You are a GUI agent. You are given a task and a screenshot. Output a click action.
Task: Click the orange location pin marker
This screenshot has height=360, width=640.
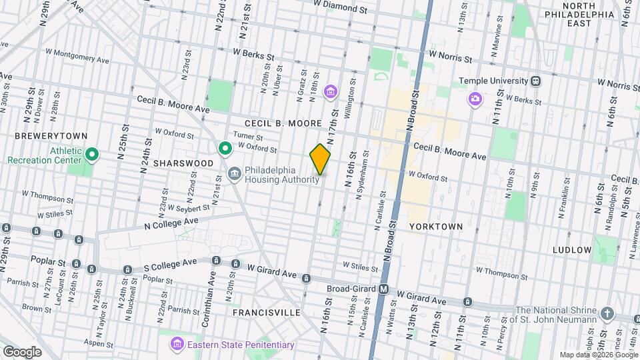click(321, 159)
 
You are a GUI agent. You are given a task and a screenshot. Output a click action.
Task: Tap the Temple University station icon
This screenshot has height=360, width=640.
click(536, 81)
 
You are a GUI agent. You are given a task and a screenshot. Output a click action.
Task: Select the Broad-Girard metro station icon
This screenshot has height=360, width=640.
click(384, 289)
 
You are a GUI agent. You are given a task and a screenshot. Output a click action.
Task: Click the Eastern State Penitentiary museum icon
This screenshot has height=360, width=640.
click(177, 344)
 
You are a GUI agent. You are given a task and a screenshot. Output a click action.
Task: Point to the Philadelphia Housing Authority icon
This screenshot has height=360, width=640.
click(235, 175)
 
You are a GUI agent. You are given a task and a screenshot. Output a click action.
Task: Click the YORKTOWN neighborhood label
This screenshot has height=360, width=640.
click(436, 227)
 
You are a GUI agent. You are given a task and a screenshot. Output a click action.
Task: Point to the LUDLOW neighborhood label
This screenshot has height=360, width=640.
click(572, 250)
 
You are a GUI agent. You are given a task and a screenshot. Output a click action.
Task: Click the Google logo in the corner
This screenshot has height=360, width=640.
click(21, 351)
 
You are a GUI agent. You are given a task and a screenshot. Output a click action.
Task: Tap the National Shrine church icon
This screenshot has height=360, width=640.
click(607, 313)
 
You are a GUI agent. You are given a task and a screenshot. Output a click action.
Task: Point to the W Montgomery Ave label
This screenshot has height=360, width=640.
click(77, 55)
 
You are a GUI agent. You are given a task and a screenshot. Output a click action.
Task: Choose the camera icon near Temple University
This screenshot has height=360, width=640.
click(475, 99)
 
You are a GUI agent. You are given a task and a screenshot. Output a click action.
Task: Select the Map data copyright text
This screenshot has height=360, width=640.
click(597, 355)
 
